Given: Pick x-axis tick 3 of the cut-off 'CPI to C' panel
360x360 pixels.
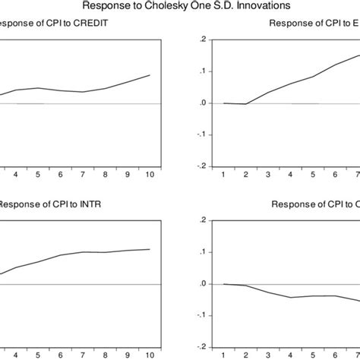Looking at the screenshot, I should tap(268, 355).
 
